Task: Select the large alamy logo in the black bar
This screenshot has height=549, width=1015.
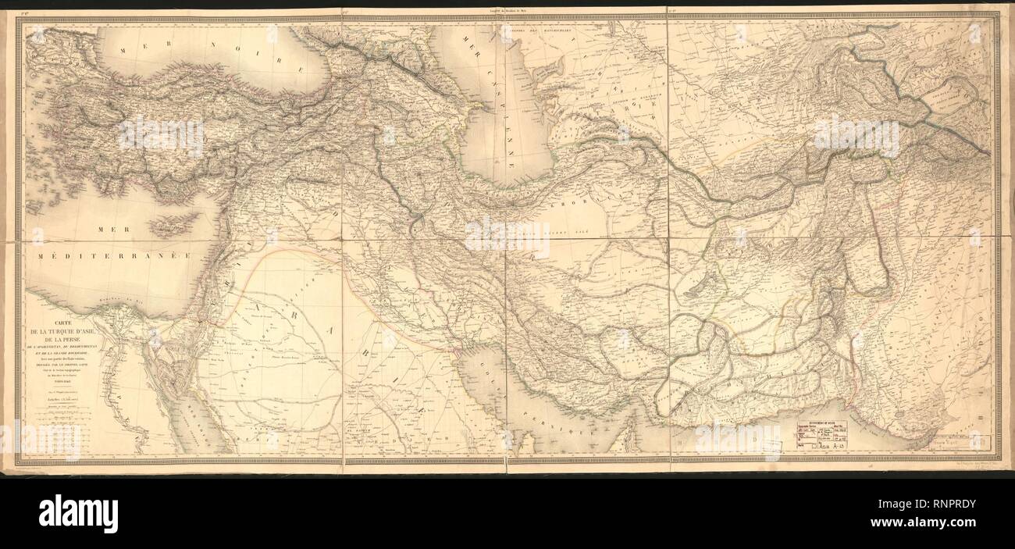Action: (x=78, y=513)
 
